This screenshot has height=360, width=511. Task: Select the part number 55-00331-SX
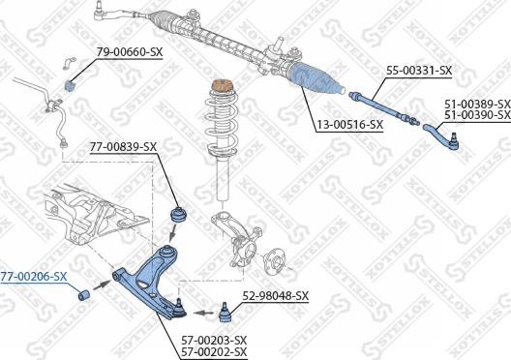(x=419, y=70)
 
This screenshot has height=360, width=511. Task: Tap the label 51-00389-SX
(x=477, y=103)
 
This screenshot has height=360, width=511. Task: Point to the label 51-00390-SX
(x=477, y=114)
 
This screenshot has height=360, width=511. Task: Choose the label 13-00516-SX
(x=349, y=125)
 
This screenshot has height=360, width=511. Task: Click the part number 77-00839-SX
(x=123, y=147)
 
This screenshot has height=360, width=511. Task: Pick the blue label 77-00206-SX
(x=33, y=276)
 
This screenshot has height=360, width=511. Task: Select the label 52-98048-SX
(x=275, y=296)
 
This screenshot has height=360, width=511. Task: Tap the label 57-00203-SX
(x=214, y=340)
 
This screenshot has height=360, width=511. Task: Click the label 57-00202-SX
(x=214, y=351)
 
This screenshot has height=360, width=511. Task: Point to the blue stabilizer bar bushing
(x=69, y=88)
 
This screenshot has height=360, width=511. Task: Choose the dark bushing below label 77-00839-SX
(x=177, y=212)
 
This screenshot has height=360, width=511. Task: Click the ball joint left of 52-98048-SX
(x=223, y=310)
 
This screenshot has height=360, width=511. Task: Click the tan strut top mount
(x=220, y=86)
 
